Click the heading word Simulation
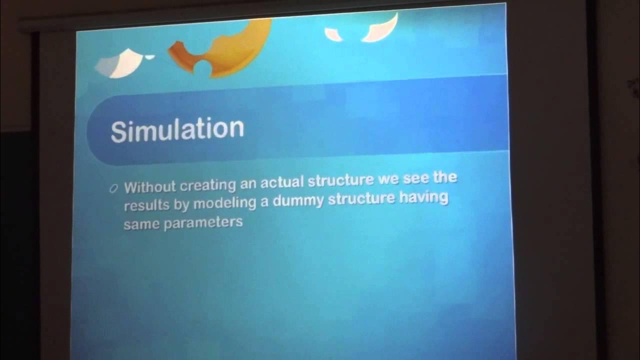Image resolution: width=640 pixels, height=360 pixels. (x=177, y=129)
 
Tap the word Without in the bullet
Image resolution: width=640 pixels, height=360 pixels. (x=150, y=187)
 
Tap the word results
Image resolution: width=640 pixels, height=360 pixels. (x=144, y=205)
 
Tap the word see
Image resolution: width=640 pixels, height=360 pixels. (x=417, y=179)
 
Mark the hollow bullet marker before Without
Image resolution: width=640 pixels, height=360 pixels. (x=113, y=188)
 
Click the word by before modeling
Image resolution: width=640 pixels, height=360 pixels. (x=181, y=205)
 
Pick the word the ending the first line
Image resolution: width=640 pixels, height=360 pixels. (x=445, y=178)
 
